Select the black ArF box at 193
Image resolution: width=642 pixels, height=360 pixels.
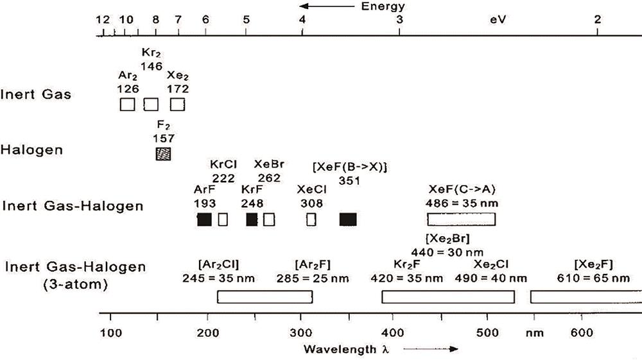click(204, 219)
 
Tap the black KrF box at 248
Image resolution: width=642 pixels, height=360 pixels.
click(252, 219)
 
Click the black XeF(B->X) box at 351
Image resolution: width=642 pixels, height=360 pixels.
click(347, 219)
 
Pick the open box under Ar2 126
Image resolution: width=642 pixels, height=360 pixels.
click(127, 104)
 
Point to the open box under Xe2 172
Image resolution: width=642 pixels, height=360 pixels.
click(177, 104)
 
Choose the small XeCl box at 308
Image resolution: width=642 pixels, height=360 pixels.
click(311, 219)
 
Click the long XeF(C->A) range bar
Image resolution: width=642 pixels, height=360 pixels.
click(462, 219)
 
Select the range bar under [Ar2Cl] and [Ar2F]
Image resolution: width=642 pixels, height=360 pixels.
click(265, 297)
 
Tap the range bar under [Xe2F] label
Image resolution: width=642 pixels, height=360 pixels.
click(585, 297)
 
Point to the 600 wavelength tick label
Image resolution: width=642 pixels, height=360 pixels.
click(581, 332)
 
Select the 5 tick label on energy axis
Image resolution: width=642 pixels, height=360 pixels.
click(247, 19)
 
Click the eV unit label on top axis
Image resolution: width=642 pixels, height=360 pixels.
click(498, 19)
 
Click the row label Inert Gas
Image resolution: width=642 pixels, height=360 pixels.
click(37, 95)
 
